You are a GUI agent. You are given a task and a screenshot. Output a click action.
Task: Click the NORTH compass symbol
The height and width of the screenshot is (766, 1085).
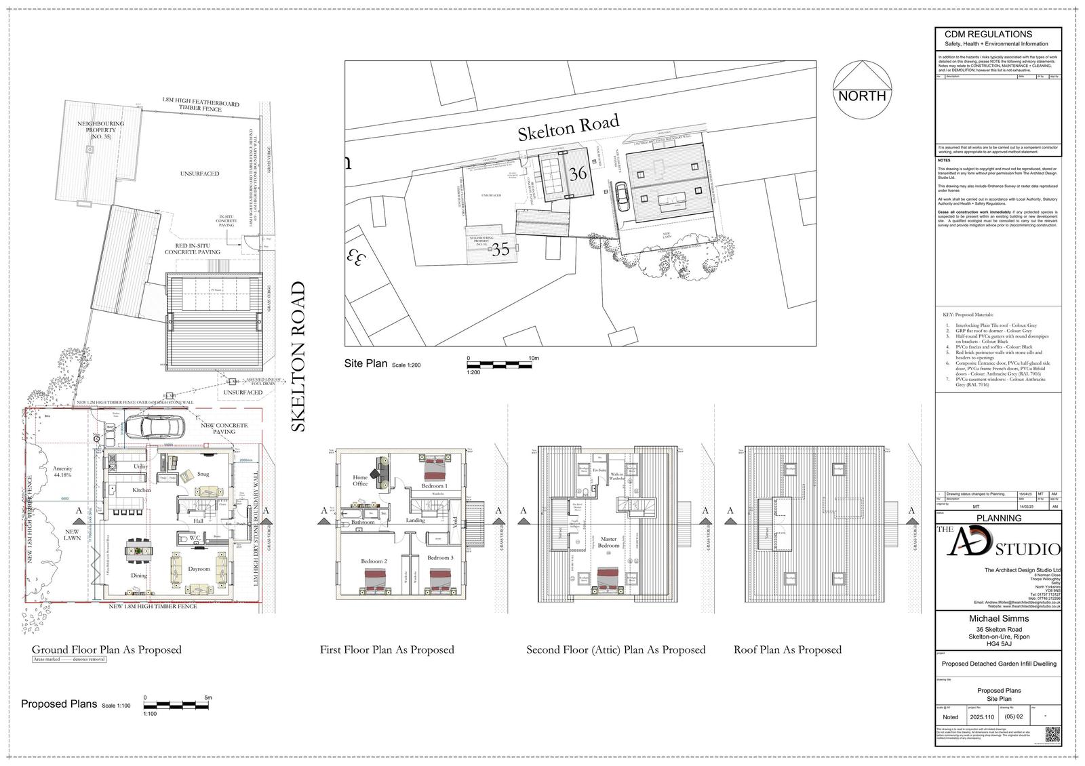pos(862,90)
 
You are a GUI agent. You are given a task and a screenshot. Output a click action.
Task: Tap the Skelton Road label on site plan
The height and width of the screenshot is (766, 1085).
pos(568,128)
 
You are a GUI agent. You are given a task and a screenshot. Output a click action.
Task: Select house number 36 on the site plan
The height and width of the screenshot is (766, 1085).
pos(578,174)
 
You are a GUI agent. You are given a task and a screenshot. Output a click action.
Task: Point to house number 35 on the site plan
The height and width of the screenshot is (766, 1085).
pos(500,249)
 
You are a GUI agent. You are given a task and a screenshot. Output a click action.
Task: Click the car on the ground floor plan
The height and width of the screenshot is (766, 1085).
pos(155,427)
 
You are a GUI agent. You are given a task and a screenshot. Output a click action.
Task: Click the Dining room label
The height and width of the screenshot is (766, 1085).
pos(138,576)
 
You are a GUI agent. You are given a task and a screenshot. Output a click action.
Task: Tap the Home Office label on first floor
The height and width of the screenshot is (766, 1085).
pos(360,481)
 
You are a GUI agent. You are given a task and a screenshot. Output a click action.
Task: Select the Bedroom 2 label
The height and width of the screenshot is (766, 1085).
pos(375,561)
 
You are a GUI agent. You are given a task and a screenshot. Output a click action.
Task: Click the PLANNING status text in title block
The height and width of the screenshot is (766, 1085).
pos(998,518)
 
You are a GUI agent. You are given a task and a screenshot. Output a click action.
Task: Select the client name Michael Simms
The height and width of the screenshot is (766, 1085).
pos(998,618)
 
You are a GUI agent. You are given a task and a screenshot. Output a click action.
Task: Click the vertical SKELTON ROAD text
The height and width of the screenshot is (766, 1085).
pos(298,357)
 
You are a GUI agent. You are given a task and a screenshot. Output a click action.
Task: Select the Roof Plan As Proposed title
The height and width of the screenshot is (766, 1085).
pos(787,649)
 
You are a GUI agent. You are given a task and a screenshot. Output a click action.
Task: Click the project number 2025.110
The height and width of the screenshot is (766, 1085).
pos(981,717)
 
